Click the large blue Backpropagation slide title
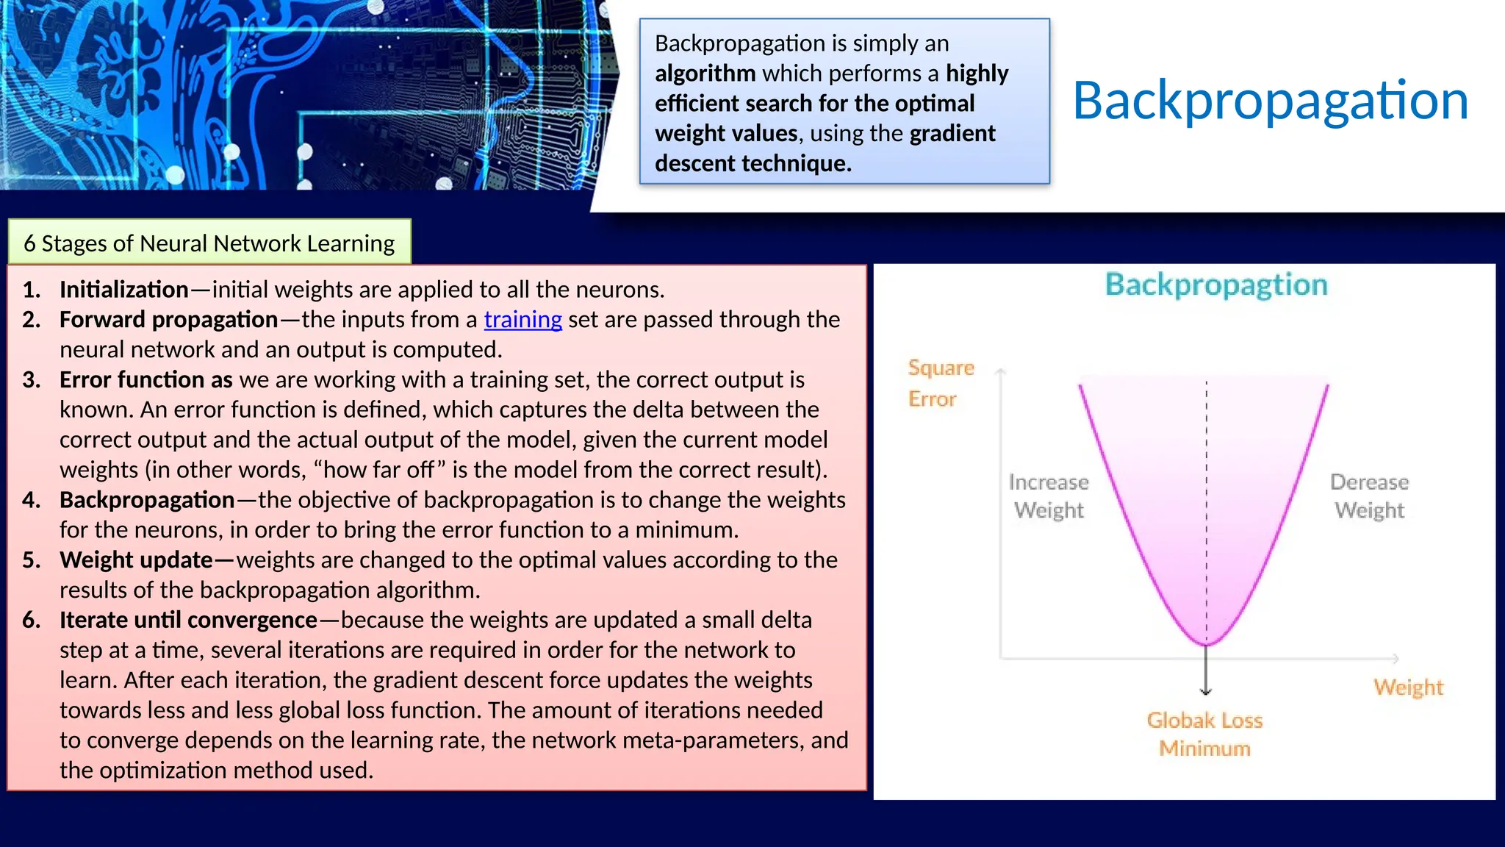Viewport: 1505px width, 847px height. click(1271, 101)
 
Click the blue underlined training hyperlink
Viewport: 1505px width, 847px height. click(522, 320)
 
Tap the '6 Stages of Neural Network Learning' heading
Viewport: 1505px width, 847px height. click(209, 243)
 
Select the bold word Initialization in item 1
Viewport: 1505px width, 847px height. click(123, 290)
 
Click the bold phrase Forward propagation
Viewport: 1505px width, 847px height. click(168, 320)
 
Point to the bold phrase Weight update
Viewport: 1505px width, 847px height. click(136, 560)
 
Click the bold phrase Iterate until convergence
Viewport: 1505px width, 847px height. click(188, 621)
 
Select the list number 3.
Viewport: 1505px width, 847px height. click(31, 380)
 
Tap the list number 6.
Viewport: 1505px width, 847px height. click(31, 621)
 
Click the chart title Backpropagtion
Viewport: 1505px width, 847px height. click(1216, 285)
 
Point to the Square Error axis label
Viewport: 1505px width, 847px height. click(940, 383)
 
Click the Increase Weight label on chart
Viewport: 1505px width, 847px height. click(1049, 496)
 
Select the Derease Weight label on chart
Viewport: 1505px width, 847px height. click(1369, 496)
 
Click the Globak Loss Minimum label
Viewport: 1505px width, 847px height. click(1204, 734)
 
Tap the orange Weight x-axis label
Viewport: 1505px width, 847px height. click(1408, 687)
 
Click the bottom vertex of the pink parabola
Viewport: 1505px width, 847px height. click(1206, 644)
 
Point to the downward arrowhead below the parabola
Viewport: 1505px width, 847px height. click(1206, 691)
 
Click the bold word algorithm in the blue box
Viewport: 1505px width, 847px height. click(705, 74)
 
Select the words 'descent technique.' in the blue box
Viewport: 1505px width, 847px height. click(752, 163)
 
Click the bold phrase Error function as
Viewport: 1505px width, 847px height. click(146, 380)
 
